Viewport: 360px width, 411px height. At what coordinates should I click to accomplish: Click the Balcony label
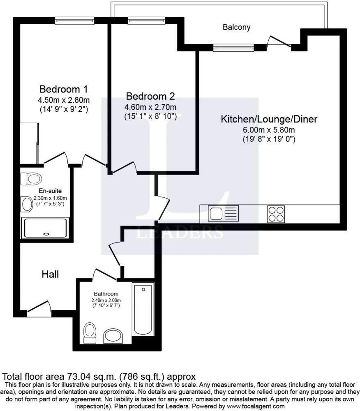coord(236,27)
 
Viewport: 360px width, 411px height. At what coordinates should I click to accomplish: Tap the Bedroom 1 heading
coord(63,89)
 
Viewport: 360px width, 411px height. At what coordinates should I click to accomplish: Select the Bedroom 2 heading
coord(150,96)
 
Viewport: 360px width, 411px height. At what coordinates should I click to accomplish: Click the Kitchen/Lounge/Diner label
coord(269,119)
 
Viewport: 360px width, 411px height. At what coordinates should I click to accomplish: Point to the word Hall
coord(50,274)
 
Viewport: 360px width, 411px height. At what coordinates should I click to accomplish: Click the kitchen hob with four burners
coord(276,214)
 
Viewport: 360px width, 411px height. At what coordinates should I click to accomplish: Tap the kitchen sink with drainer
coord(224,213)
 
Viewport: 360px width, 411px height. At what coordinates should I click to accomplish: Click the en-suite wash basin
coord(27,204)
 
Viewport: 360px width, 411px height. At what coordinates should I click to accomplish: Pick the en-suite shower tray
coord(45,228)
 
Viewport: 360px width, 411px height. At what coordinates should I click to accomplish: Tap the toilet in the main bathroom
coord(90,332)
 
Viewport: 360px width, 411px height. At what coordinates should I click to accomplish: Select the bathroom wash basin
coord(113,336)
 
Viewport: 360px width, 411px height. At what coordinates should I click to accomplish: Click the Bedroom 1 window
coord(74,21)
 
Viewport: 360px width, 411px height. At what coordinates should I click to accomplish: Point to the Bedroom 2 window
coord(146,21)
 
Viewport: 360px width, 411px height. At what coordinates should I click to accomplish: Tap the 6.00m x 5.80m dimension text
coord(269,130)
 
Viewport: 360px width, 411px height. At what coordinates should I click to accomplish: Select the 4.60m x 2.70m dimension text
coord(150,107)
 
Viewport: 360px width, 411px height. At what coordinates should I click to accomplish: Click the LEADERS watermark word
coord(180,232)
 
